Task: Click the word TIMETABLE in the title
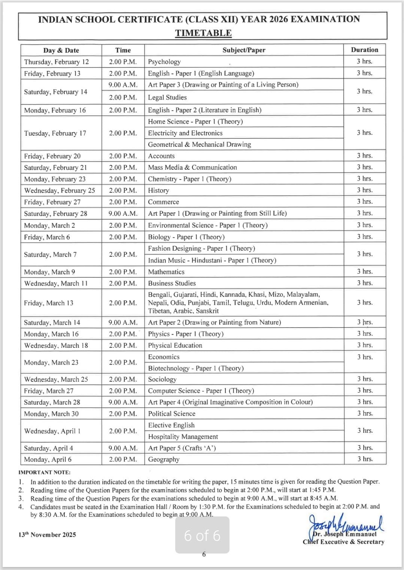tap(203, 33)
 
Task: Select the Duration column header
tap(364, 50)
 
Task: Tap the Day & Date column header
tap(61, 50)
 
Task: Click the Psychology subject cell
tap(164, 62)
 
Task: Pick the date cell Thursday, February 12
tap(57, 62)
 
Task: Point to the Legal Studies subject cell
tap(167, 97)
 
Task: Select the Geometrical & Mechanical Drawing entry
tap(200, 145)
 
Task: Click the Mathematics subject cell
tap(166, 272)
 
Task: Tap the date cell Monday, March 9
tap(49, 272)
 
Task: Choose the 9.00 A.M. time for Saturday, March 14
tap(123, 323)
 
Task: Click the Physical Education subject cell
tap(175, 346)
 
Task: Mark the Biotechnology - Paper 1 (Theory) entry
tap(196, 368)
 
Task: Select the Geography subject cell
tap(164, 459)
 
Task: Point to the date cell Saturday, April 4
tap(49, 448)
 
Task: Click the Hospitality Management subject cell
tap(183, 437)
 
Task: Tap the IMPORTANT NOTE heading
tap(45, 473)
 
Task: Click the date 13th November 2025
tap(47, 535)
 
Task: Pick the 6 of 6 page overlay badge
tap(202, 536)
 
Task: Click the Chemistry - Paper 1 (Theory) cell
tap(189, 179)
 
